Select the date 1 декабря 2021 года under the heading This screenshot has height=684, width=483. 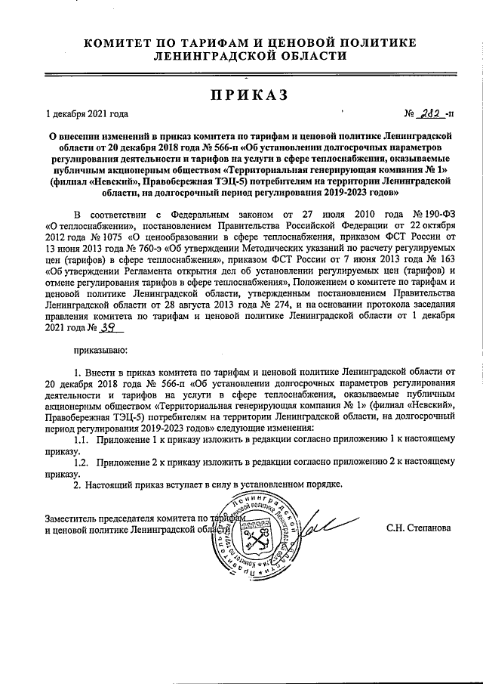pyautogui.click(x=86, y=115)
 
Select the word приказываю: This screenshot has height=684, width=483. pyautogui.click(x=101, y=351)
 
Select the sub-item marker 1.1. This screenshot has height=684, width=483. pyautogui.click(x=82, y=440)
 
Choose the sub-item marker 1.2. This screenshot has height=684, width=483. pyautogui.click(x=82, y=461)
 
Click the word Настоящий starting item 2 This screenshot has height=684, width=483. pyautogui.click(x=114, y=484)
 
